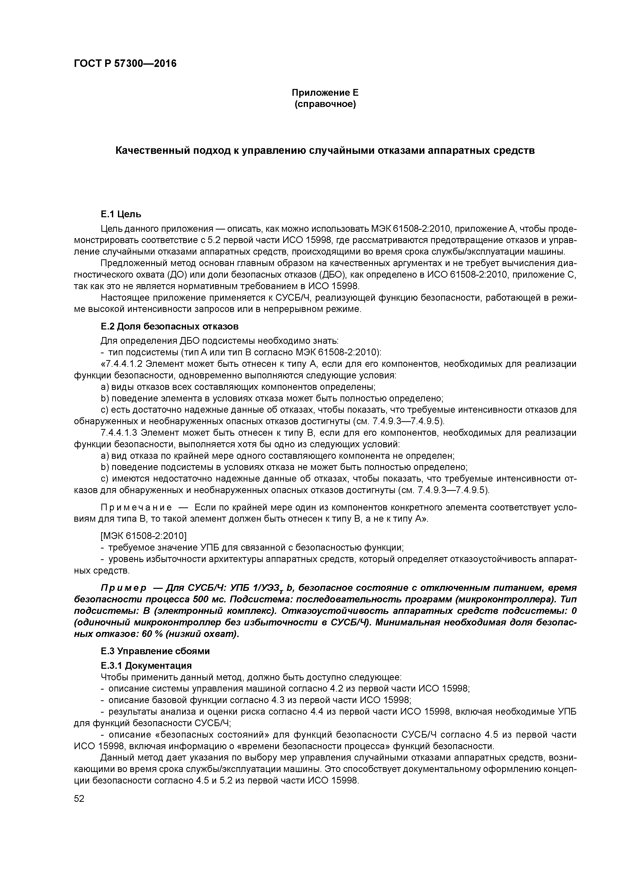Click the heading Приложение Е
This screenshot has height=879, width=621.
click(x=325, y=93)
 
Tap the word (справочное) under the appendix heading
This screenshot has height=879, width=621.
click(x=325, y=104)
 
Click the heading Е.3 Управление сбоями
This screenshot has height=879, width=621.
click(x=155, y=651)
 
